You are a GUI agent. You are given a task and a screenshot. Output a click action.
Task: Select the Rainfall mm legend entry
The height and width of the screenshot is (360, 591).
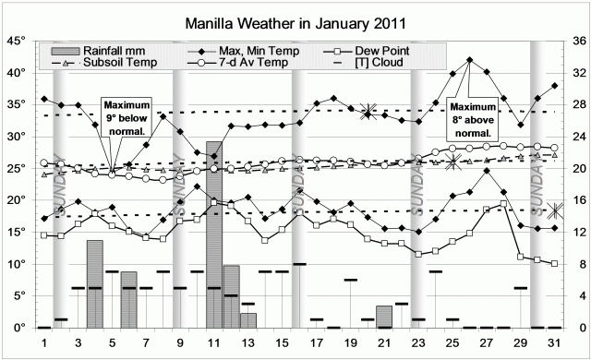[113, 50]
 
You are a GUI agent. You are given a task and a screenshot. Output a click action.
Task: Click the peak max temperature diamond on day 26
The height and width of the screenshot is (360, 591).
[470, 60]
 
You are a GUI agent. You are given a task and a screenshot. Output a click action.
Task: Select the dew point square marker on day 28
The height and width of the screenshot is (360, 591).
[503, 204]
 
